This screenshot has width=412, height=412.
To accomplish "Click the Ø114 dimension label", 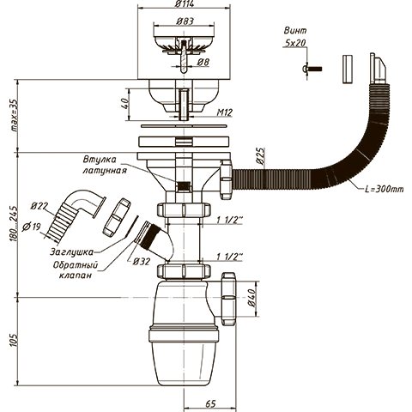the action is click(185, 4).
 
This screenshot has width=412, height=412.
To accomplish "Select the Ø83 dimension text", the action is click(185, 21).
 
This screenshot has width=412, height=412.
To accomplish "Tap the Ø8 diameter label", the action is click(203, 62).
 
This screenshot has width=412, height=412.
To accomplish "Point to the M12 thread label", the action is click(225, 112).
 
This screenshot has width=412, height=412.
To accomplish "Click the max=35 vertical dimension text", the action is click(14, 115).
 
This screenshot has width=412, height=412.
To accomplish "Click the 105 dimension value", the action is click(14, 341).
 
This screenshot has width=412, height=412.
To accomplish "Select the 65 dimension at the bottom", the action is click(210, 403).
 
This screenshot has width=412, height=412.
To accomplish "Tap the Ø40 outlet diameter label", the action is click(251, 298).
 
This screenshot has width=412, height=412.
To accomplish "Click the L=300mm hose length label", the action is click(385, 189).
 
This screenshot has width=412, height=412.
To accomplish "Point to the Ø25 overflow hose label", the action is click(261, 156).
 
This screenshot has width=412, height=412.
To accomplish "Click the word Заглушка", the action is click(71, 251).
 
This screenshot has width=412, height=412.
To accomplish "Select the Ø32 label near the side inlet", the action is click(142, 261).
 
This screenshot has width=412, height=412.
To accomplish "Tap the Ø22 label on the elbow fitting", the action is click(40, 206).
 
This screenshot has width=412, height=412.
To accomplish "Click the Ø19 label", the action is click(31, 227).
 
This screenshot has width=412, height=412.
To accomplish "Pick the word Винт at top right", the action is click(295, 30).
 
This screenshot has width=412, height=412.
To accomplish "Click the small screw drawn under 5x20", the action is click(312, 69).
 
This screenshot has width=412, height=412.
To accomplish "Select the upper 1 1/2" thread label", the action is click(229, 220).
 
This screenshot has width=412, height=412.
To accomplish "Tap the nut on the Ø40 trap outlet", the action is click(228, 299).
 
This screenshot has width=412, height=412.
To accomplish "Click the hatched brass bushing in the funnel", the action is click(184, 187).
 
